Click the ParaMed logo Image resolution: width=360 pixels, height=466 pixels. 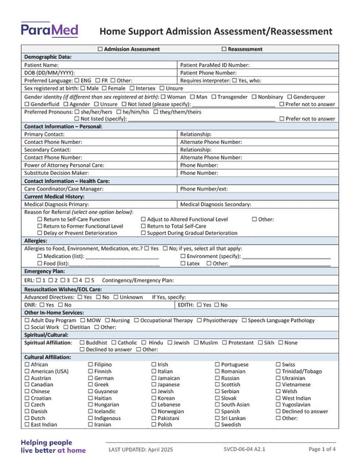(x=49, y=30)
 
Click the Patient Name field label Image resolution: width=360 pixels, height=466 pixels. (x=41, y=65)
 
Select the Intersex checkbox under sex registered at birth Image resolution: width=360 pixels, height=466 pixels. (x=132, y=88)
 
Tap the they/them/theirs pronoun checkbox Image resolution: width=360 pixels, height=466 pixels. (x=156, y=111)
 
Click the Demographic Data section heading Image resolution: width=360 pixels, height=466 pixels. (x=47, y=57)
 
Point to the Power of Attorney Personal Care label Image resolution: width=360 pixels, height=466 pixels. (x=64, y=165)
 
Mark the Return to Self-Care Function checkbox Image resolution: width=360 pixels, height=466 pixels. (x=40, y=219)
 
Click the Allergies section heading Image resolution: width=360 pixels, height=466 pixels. (x=36, y=240)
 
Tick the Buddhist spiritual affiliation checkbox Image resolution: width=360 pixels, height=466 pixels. (x=82, y=342)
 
